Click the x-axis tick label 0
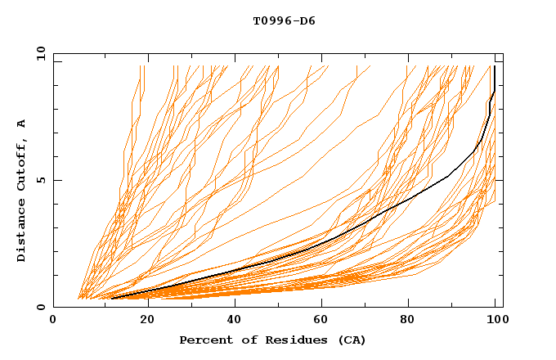(54, 321)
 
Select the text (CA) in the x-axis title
(350, 340)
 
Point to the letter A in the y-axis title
(22, 124)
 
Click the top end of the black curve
(494, 66)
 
